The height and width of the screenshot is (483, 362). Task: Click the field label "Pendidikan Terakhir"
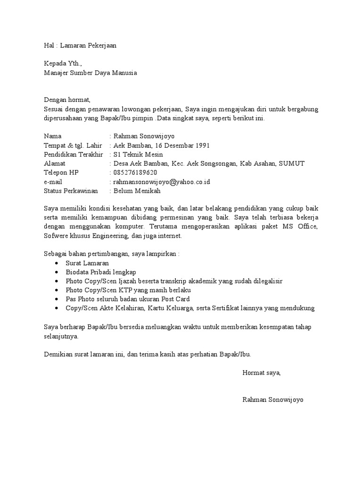point(73,154)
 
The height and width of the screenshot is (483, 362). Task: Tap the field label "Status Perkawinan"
point(71,191)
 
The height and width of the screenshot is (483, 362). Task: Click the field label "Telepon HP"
point(61,173)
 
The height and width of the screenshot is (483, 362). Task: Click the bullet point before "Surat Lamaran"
point(57,263)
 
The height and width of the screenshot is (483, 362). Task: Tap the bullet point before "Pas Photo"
point(57,300)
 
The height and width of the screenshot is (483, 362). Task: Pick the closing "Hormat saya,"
point(261,373)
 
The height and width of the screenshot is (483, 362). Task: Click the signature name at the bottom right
point(273,400)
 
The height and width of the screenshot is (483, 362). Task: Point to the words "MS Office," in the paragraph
point(300,227)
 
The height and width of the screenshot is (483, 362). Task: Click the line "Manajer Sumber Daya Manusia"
point(90,73)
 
